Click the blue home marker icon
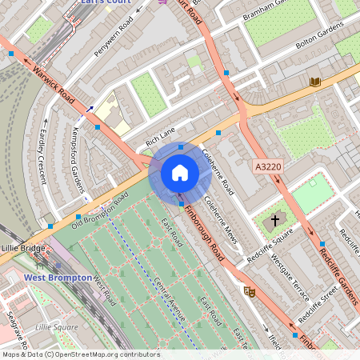pos(180,173)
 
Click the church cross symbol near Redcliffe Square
pos(275,219)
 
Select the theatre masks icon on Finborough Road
pos(249,292)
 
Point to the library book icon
pos(315,82)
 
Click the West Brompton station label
pos(55,278)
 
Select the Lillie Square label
pos(57,327)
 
